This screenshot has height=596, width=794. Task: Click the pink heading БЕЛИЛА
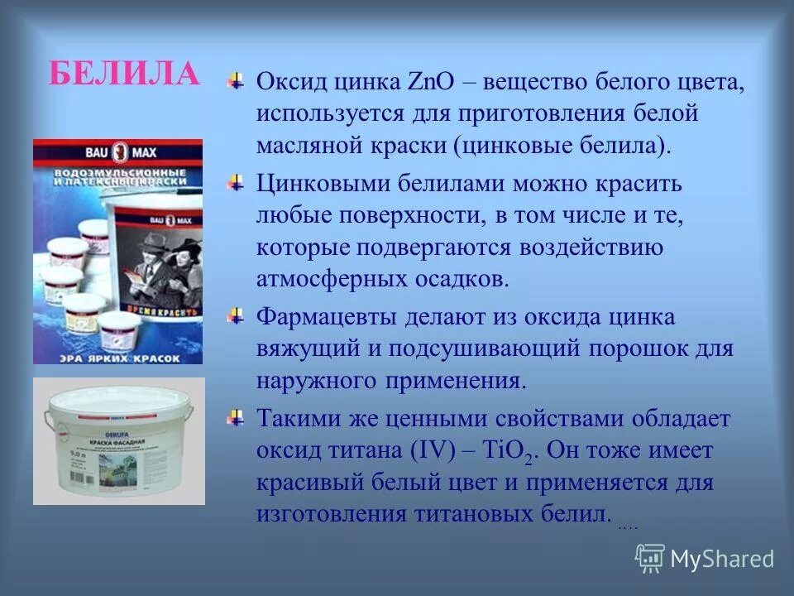point(124,73)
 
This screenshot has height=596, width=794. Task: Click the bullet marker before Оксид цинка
point(237,81)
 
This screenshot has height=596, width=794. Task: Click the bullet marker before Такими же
point(237,416)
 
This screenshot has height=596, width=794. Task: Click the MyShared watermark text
point(722,559)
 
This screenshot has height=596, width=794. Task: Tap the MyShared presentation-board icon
point(650,559)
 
